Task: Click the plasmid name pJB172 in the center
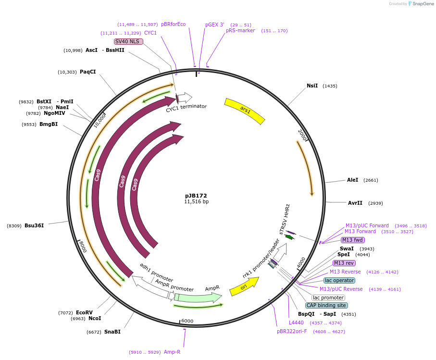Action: (196, 196)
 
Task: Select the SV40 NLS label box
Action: (127, 42)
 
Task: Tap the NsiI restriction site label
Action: (312, 86)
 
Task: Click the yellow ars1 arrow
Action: (245, 111)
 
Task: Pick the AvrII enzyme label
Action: (355, 203)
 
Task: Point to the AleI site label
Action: (352, 180)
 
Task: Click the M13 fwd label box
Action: (353, 240)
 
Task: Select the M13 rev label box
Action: (344, 263)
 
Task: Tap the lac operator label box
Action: (339, 280)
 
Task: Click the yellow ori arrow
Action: (244, 286)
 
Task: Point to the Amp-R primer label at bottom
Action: (172, 352)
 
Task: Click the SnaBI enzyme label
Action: (112, 332)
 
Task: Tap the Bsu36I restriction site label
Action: (34, 225)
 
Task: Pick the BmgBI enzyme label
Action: (49, 124)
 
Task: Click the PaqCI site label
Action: (88, 72)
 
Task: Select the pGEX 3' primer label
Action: (215, 25)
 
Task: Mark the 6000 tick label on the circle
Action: (187, 321)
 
